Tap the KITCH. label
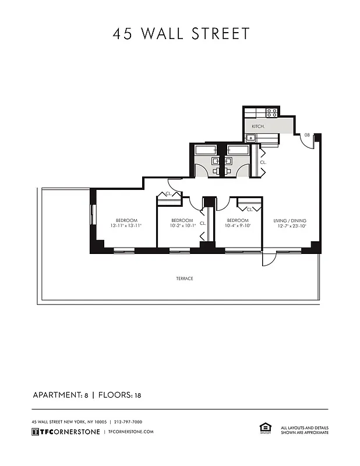pos(258,126)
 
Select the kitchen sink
pos(250,138)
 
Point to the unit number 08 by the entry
pos(306,135)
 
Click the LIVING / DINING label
pos(290,220)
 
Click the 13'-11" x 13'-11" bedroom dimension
pos(126,226)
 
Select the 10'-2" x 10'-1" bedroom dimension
pos(182,226)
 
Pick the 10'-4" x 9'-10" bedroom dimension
pos(238,226)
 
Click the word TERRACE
pos(185,278)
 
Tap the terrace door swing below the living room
pos(269,259)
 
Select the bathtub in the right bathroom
pos(237,149)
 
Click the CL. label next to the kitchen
pos(263,163)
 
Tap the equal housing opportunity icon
pos(263,429)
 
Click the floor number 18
pos(138,396)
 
